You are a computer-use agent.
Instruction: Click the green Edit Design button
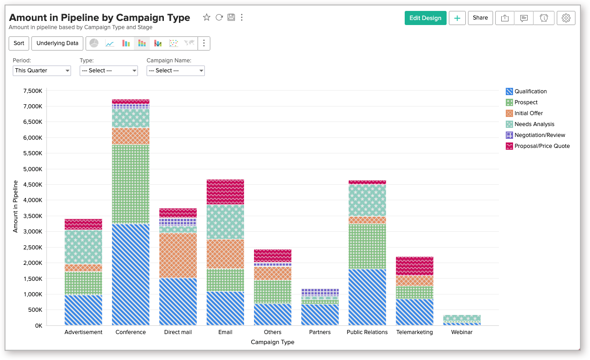(x=425, y=18)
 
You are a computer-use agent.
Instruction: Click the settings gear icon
(x=566, y=18)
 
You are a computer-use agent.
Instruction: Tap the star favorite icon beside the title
(x=207, y=17)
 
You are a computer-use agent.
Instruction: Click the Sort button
(x=19, y=43)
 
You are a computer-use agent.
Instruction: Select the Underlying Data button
(x=57, y=43)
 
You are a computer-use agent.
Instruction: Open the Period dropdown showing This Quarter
(x=42, y=71)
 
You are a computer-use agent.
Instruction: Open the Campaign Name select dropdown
(x=175, y=71)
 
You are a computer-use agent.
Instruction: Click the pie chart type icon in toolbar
(x=94, y=43)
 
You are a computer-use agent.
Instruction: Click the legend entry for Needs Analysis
(x=534, y=124)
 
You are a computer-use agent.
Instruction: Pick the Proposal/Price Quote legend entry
(x=542, y=146)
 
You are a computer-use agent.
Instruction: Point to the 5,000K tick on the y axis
(x=32, y=169)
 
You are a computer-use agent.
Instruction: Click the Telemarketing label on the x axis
(x=414, y=332)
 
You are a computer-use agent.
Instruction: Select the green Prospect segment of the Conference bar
(x=131, y=184)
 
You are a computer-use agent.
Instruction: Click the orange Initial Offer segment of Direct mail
(x=178, y=255)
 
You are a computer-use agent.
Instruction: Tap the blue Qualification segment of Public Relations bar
(x=367, y=297)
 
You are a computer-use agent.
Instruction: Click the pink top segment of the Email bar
(x=225, y=192)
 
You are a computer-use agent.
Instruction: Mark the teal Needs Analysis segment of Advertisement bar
(x=83, y=247)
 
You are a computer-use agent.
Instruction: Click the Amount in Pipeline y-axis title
(x=15, y=206)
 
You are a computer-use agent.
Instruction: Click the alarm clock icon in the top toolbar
(x=544, y=18)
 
